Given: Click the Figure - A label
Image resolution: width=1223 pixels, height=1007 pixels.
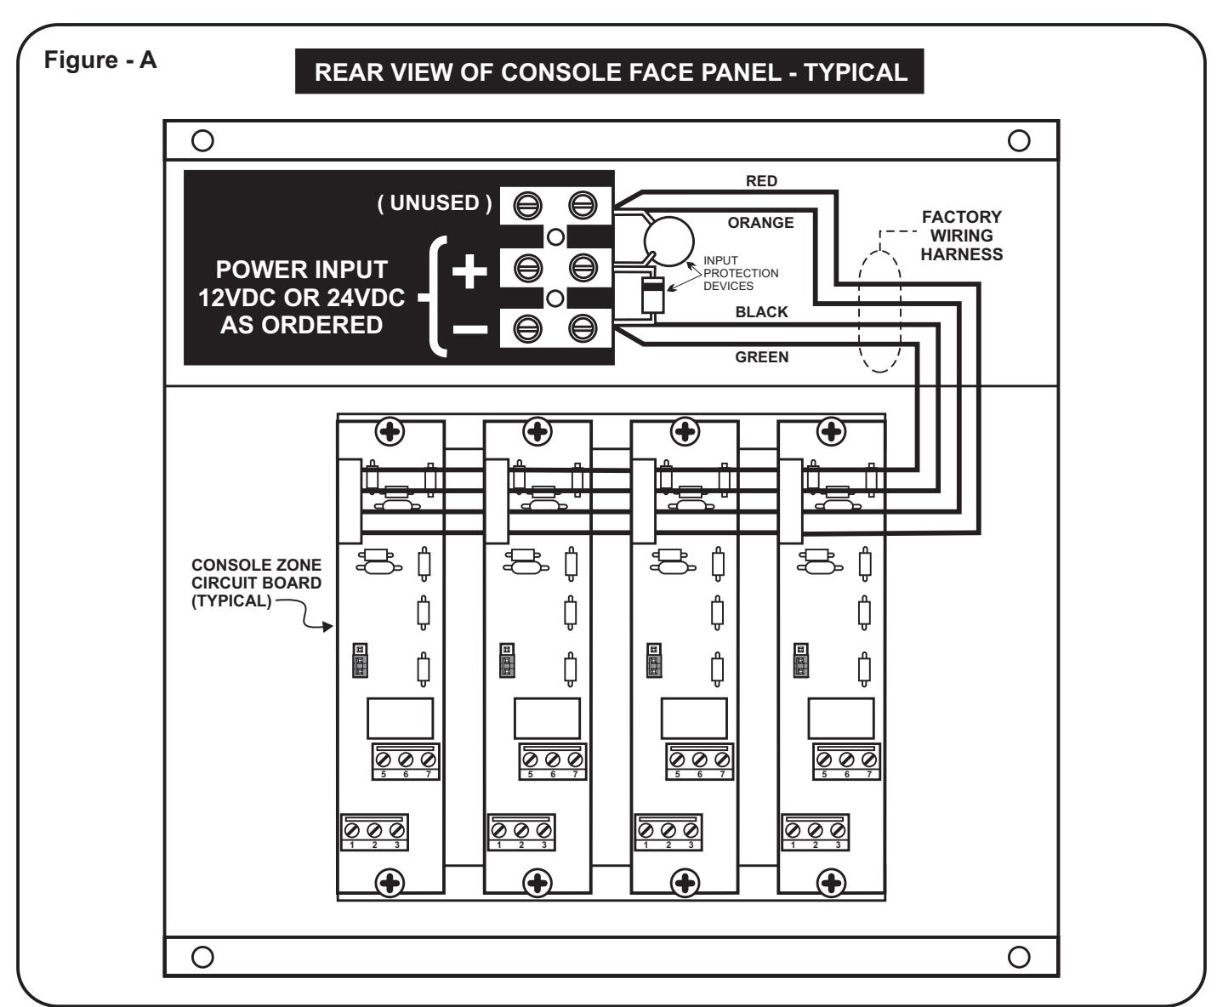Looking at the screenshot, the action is tap(100, 60).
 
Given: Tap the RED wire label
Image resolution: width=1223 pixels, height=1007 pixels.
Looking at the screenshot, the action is tap(761, 181).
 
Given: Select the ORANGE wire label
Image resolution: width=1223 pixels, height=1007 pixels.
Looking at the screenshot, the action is tap(760, 223).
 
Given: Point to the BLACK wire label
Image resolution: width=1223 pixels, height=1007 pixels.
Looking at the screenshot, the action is tap(761, 312).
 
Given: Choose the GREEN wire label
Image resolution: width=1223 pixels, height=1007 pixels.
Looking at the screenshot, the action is tap(761, 357).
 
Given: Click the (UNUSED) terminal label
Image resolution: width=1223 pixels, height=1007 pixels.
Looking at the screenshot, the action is tap(435, 203).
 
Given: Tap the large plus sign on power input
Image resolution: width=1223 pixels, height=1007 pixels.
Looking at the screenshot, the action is tap(469, 271).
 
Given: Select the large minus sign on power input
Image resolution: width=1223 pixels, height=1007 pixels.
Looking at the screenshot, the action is tap(469, 329).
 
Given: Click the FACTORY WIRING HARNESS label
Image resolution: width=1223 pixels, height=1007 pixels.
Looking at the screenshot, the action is tap(961, 236).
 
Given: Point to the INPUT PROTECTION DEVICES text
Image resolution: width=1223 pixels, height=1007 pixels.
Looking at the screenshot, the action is tap(741, 273).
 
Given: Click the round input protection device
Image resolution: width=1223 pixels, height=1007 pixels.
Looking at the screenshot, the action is tap(668, 242).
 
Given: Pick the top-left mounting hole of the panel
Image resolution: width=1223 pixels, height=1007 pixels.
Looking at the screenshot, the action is tap(202, 140).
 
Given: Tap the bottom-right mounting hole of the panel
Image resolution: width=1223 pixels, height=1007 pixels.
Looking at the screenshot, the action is tap(1019, 957).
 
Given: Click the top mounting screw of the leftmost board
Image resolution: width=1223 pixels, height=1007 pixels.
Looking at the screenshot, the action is tap(390, 431).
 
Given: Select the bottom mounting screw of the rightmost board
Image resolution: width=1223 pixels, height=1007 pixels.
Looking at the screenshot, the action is tap(831, 883).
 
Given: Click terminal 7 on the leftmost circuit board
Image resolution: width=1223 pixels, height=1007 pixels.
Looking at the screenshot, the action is tap(428, 760).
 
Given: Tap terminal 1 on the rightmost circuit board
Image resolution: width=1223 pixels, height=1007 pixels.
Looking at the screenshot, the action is tap(793, 831).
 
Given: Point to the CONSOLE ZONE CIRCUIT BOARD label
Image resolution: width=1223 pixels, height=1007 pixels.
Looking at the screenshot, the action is tap(256, 583).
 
